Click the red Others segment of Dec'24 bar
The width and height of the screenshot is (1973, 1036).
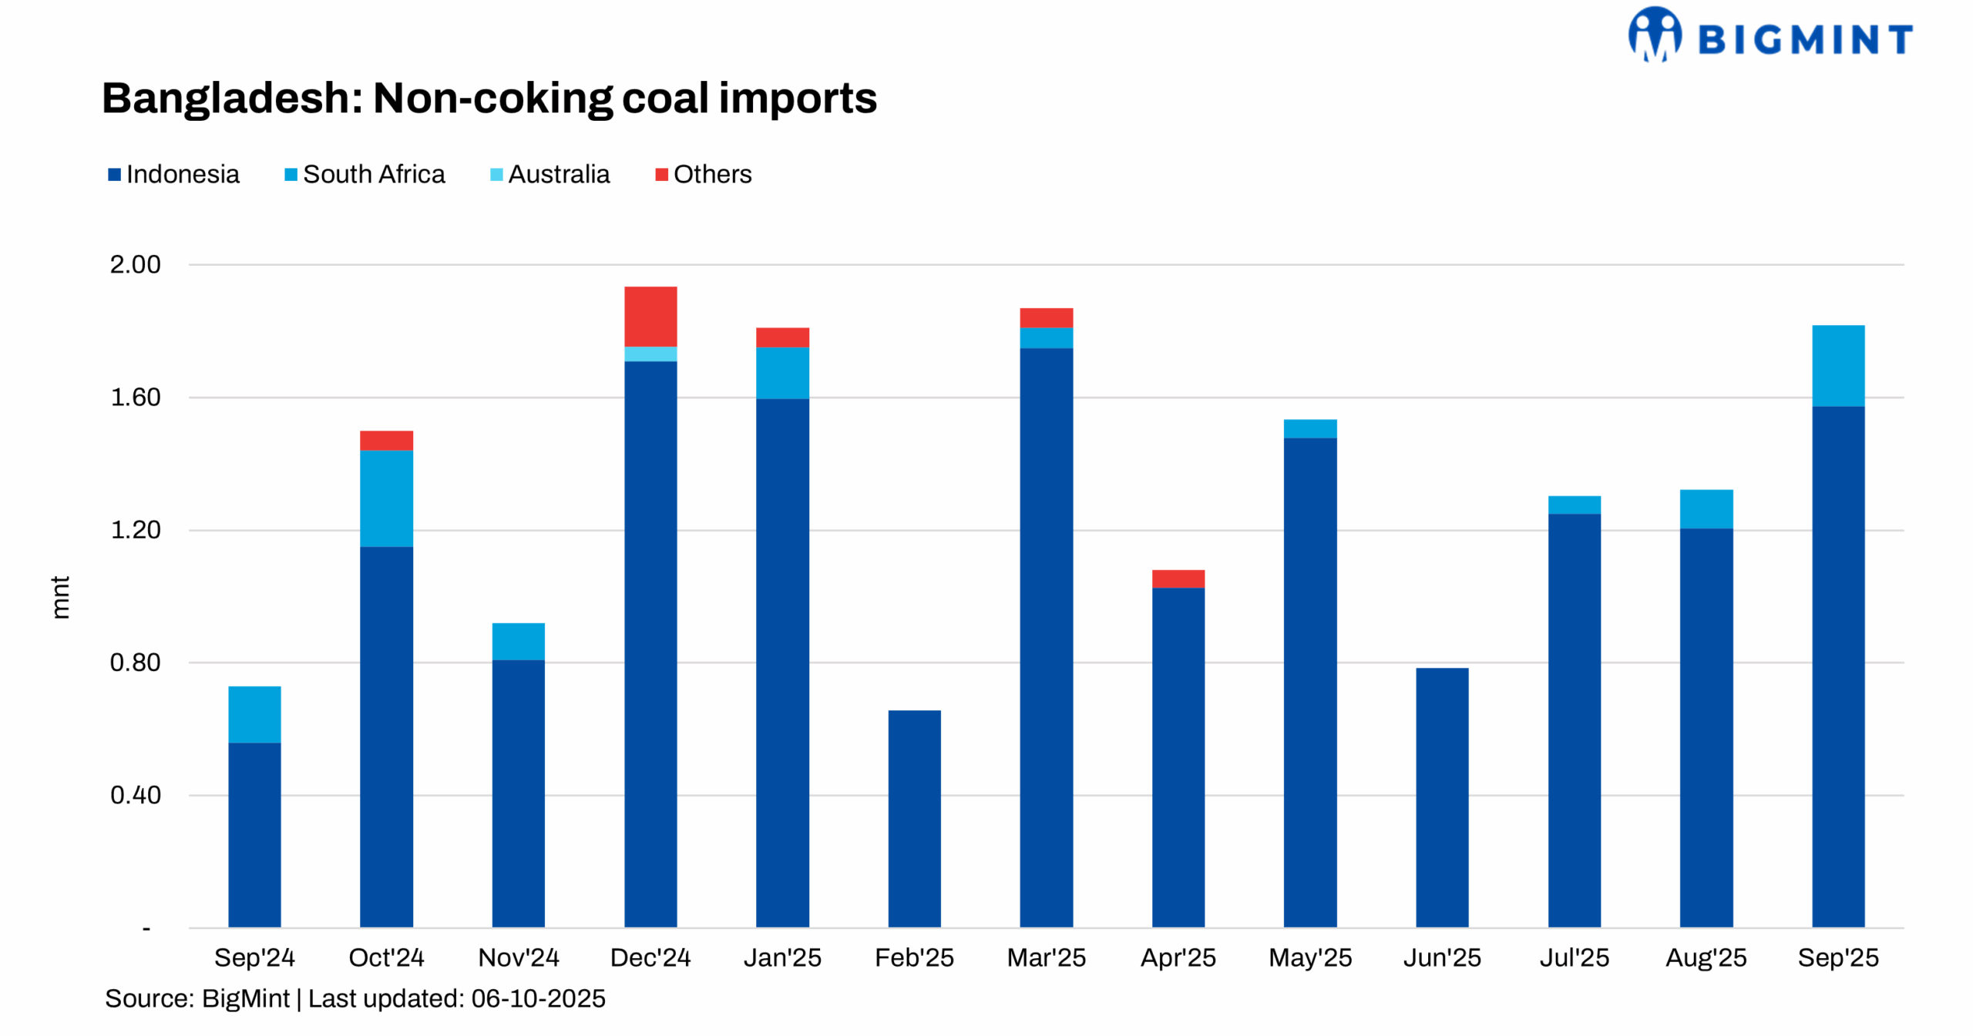click(650, 316)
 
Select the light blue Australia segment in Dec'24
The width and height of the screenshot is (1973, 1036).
click(650, 354)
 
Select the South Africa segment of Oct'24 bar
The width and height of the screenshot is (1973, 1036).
click(386, 498)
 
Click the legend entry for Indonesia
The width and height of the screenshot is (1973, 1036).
click(173, 174)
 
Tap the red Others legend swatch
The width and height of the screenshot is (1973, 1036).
click(660, 175)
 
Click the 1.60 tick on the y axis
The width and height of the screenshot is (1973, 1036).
click(136, 397)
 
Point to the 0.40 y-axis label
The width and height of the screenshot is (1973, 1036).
click(136, 794)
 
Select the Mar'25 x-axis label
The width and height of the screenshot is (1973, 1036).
click(1045, 957)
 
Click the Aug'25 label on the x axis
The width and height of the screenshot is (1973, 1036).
click(1705, 957)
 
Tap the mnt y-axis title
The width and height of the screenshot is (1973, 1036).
click(60, 596)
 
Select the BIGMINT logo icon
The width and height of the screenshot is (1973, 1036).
click(1654, 34)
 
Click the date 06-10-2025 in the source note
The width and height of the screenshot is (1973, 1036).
click(537, 998)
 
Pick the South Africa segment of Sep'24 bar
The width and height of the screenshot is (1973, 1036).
click(254, 713)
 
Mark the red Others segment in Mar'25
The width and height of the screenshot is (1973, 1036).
click(1045, 317)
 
